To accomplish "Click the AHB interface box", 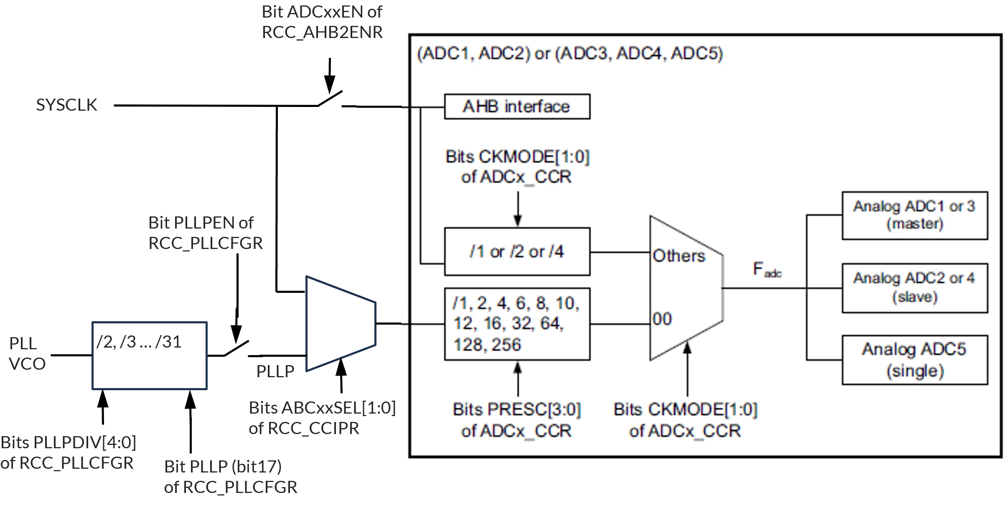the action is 517,107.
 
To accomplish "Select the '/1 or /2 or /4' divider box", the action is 517,251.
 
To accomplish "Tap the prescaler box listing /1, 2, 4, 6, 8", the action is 517,324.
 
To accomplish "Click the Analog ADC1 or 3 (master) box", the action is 915,216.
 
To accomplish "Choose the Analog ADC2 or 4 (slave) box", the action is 915,288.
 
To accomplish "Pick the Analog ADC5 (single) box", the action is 915,360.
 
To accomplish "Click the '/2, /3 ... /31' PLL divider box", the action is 150,356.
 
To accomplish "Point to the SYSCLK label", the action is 66,105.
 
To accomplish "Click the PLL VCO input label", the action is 27,353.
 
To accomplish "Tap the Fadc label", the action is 767,269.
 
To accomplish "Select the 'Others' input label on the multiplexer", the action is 679,256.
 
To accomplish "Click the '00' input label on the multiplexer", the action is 662,319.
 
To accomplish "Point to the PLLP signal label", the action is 275,371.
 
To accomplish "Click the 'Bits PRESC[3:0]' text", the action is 517,410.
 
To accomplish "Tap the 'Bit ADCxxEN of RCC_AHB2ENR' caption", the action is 322,22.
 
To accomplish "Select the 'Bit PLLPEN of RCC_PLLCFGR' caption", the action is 206,233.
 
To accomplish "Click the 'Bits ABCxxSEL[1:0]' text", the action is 322,408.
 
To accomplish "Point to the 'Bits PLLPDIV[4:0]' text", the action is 69,442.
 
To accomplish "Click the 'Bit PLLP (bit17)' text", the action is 223,467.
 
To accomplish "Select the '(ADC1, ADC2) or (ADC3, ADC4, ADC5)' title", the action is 570,54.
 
